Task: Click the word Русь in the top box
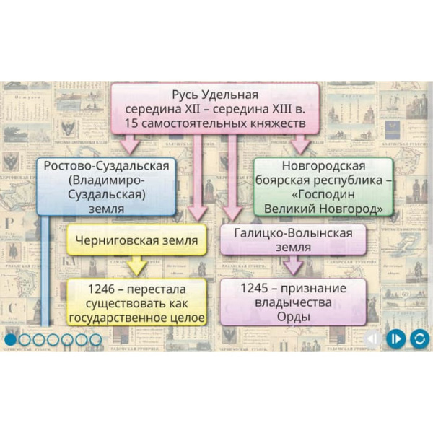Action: pyautogui.click(x=185, y=95)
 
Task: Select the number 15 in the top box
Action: pyautogui.click(x=133, y=124)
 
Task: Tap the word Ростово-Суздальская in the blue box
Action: pyautogui.click(x=107, y=167)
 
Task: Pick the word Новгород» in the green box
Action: pyautogui.click(x=353, y=209)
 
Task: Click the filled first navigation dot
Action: pyautogui.click(x=11, y=338)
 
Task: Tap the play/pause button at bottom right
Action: pyautogui.click(x=395, y=338)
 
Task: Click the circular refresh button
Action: pyautogui.click(x=419, y=338)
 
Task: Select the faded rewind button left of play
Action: pyautogui.click(x=372, y=338)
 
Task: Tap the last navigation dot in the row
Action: pyautogui.click(x=95, y=338)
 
